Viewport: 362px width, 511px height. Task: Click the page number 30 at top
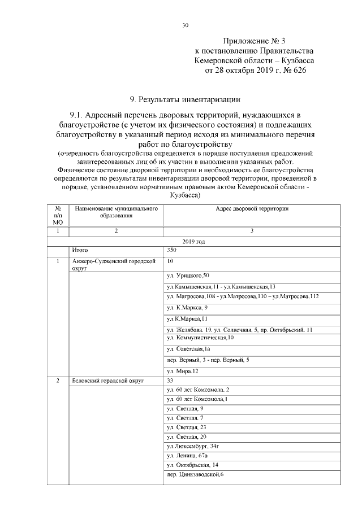click(x=185, y=25)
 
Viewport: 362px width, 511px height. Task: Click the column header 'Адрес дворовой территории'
click(x=252, y=208)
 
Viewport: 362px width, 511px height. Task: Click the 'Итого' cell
click(x=81, y=249)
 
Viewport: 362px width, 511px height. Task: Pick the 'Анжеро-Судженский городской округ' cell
click(x=114, y=264)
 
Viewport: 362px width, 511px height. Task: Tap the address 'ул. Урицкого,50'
click(x=188, y=275)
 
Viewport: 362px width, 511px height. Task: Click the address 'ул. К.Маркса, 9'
click(x=187, y=307)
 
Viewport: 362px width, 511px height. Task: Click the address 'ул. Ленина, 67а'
click(x=187, y=455)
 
